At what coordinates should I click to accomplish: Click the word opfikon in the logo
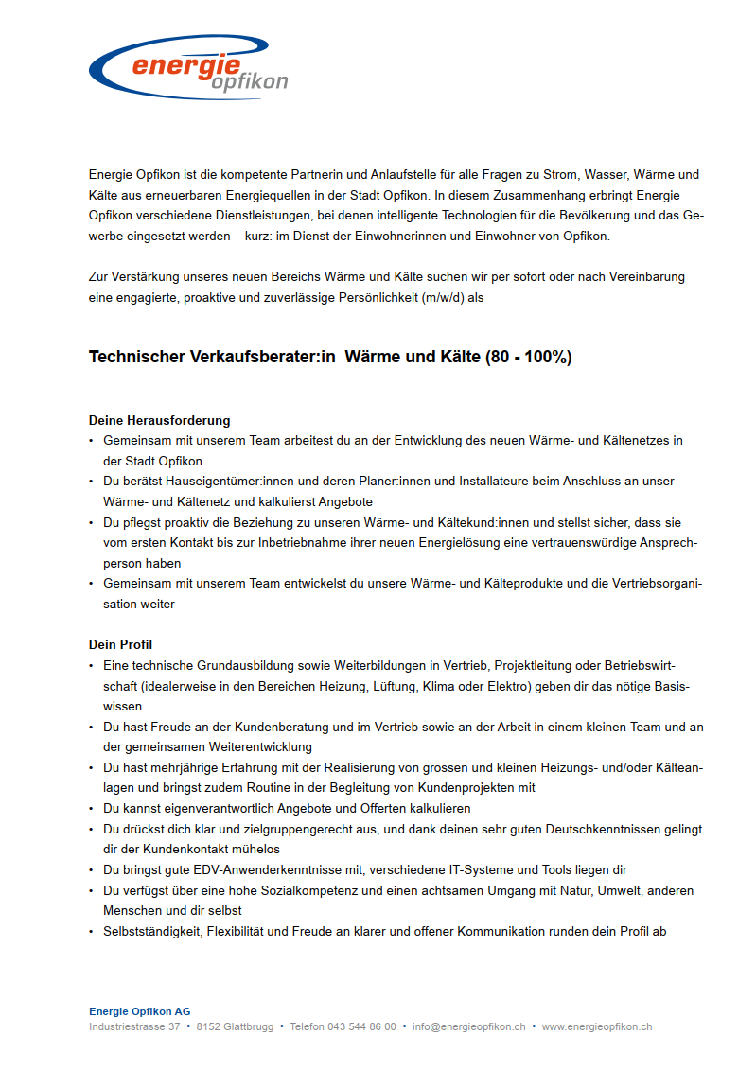pyautogui.click(x=250, y=82)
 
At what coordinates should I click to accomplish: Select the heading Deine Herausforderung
pyautogui.click(x=159, y=420)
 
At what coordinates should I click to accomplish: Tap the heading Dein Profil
pyautogui.click(x=120, y=644)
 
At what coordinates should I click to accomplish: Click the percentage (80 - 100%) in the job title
pyautogui.click(x=528, y=357)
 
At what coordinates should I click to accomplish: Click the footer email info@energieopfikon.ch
pyautogui.click(x=468, y=1026)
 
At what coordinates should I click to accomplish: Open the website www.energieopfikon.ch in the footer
pyautogui.click(x=596, y=1026)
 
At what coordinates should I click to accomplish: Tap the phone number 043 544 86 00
pyautogui.click(x=361, y=1026)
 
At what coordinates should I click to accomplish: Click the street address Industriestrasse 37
pyautogui.click(x=134, y=1026)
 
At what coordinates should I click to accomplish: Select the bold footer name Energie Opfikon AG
pyautogui.click(x=139, y=1011)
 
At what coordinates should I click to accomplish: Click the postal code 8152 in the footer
pyautogui.click(x=208, y=1026)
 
